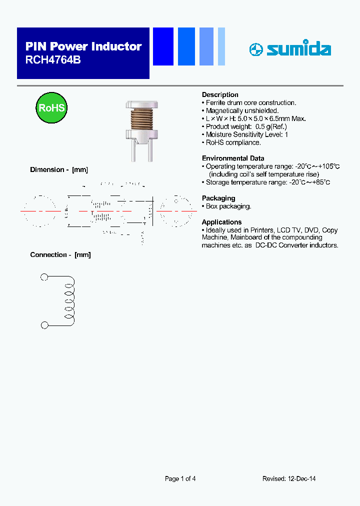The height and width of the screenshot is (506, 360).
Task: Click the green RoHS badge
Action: click(x=51, y=108)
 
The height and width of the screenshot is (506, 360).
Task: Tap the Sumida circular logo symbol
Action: click(x=255, y=49)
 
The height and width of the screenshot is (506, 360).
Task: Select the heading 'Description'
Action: click(x=220, y=94)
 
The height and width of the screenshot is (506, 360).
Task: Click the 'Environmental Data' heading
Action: click(x=233, y=158)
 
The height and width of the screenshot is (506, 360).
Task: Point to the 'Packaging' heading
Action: click(x=218, y=198)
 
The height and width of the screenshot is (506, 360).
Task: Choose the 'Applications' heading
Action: click(x=221, y=222)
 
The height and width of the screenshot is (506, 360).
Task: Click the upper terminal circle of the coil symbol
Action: click(x=44, y=277)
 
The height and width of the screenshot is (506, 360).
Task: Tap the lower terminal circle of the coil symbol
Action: click(x=44, y=325)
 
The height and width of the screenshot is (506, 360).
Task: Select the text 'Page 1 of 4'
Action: click(x=180, y=478)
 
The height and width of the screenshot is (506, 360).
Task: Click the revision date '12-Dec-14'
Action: click(x=302, y=478)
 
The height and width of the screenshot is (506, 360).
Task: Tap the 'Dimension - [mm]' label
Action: click(x=59, y=169)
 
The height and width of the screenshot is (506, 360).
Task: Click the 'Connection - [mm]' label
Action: click(x=60, y=254)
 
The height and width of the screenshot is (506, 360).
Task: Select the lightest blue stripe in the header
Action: click(x=221, y=46)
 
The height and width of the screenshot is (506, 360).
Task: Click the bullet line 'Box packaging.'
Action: click(x=228, y=206)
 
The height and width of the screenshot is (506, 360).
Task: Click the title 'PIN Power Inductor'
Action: click(x=83, y=46)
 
